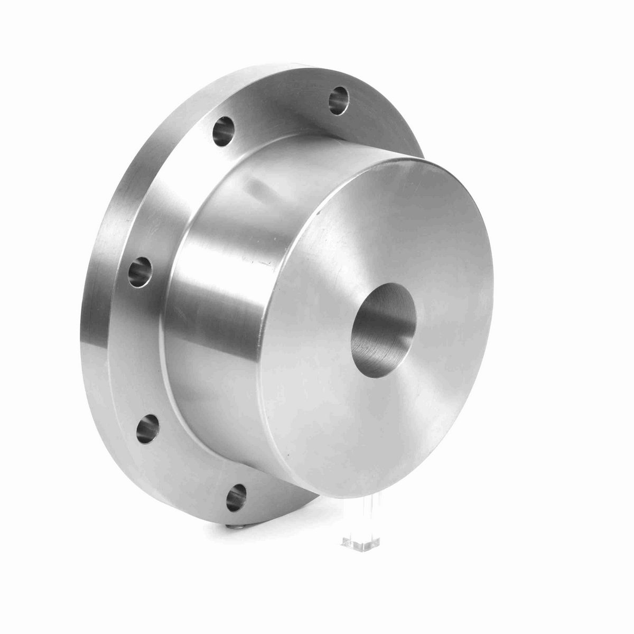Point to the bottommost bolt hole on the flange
click(x=236, y=497)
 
